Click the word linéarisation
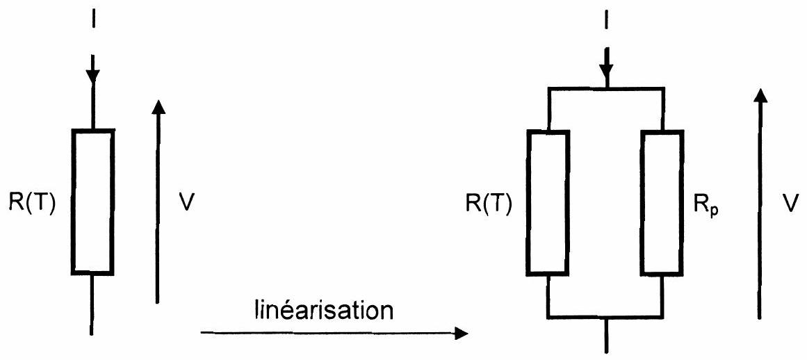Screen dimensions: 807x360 tap(324, 310)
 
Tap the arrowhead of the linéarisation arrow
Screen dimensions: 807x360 tap(462, 334)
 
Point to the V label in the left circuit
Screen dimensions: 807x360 tap(187, 202)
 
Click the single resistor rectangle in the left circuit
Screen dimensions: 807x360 tap(92, 201)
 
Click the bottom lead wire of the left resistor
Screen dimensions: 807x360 tap(92, 304)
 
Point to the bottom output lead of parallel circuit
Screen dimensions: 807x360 tap(608, 335)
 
